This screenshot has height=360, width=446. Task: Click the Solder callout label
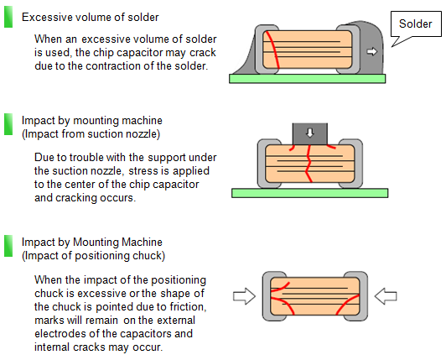click(x=415, y=23)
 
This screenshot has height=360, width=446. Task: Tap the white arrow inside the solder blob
click(x=371, y=51)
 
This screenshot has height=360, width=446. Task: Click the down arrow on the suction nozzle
click(x=310, y=133)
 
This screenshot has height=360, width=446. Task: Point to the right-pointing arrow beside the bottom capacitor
click(x=244, y=296)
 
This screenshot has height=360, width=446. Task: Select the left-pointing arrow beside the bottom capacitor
click(x=386, y=296)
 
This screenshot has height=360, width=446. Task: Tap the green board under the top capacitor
click(x=307, y=79)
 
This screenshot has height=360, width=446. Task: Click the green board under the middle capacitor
click(x=309, y=193)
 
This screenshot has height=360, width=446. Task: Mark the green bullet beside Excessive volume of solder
click(x=8, y=17)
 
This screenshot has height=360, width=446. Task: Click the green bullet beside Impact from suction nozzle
click(x=8, y=124)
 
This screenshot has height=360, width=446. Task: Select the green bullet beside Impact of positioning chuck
click(x=8, y=246)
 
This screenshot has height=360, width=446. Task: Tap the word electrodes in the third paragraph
click(x=60, y=333)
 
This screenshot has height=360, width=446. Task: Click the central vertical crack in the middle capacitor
click(x=309, y=164)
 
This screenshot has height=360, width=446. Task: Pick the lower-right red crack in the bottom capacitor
click(x=348, y=305)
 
